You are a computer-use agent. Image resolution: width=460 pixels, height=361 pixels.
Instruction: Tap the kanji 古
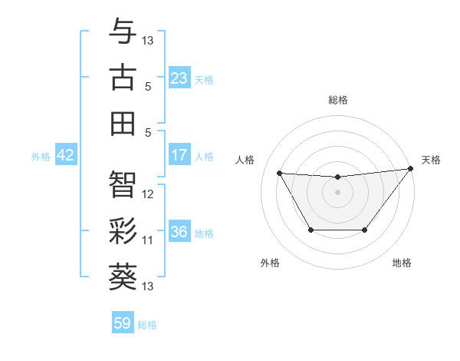(123, 77)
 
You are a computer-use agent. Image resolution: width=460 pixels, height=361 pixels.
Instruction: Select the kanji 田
(123, 123)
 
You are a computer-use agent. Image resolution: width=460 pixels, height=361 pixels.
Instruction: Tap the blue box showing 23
(179, 78)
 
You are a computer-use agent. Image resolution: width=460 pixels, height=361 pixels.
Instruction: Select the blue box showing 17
(179, 155)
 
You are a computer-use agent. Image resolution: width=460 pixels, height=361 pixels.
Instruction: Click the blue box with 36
(179, 232)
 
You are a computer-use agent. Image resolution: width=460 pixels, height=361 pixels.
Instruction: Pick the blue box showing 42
(65, 155)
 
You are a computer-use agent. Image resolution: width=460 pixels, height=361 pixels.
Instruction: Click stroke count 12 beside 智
(149, 194)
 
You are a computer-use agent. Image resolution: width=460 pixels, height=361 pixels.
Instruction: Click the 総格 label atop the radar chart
(337, 100)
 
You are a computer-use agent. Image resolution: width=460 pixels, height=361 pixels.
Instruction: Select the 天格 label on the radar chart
(431, 160)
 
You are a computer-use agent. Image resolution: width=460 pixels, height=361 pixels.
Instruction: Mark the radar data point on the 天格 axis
(410, 169)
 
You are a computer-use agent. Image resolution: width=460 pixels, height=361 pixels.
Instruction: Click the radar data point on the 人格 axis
(279, 173)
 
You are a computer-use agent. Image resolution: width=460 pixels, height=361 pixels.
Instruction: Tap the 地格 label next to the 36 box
(205, 233)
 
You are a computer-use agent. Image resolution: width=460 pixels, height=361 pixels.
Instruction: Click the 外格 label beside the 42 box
(41, 156)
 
